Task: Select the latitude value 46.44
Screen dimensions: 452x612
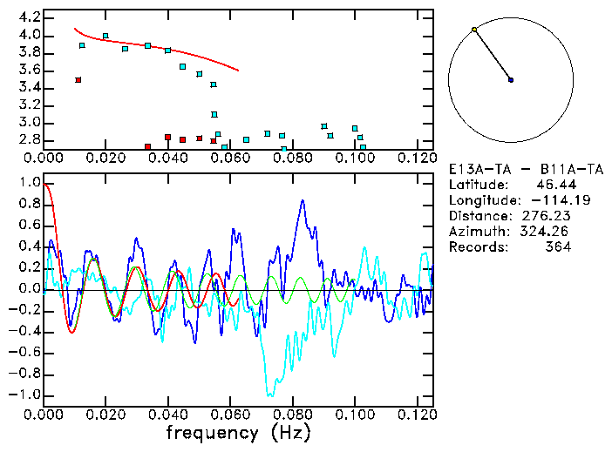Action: tap(553, 185)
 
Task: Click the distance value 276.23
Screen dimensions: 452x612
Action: tap(546, 216)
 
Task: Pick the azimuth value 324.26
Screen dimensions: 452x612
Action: tap(546, 232)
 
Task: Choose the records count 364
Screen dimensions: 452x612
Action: tap(555, 247)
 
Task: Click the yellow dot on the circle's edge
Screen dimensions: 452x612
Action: tap(474, 30)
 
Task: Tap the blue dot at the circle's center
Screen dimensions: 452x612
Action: tap(511, 80)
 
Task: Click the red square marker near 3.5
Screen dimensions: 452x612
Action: tap(78, 80)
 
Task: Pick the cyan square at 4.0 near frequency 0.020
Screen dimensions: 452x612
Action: tap(105, 37)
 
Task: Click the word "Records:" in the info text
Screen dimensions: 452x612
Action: tap(476, 247)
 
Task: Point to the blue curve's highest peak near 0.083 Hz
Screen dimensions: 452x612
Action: tap(303, 201)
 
